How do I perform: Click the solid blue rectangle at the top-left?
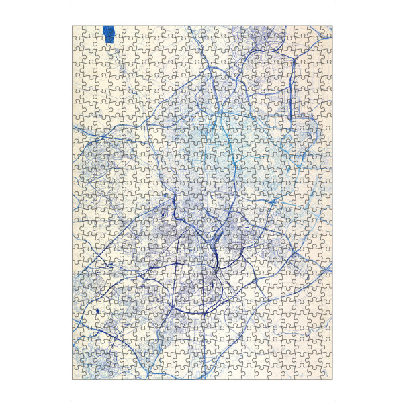[108, 34]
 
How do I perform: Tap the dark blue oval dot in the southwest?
[97, 312]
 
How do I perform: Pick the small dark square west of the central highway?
[163, 215]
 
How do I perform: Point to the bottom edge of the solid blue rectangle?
[108, 42]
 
